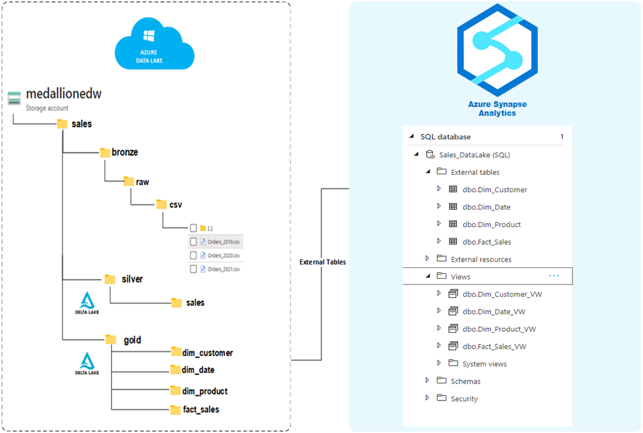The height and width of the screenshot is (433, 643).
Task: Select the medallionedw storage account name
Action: coord(63,95)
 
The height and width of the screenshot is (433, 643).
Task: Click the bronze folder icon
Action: coord(105,152)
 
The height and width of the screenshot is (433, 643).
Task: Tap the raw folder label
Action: coord(143,182)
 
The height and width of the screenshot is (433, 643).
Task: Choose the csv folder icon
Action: coord(162,204)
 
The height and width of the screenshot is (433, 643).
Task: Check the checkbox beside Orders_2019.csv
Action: coord(194,242)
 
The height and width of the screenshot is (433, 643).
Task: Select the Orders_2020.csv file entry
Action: coord(224,255)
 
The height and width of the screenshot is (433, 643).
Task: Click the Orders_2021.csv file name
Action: coord(224,269)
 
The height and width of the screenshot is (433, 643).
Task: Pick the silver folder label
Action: coord(132,279)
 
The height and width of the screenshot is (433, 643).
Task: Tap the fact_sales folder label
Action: coord(200,409)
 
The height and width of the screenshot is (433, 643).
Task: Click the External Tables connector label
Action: coord(323,262)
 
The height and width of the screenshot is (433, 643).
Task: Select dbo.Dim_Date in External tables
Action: coord(486,207)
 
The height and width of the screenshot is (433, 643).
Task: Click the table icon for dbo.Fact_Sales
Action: coord(453,242)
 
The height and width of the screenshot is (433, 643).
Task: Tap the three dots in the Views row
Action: coord(554,276)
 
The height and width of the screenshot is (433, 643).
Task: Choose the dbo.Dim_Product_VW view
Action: coord(498,329)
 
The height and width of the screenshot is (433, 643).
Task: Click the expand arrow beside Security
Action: coord(427,398)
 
